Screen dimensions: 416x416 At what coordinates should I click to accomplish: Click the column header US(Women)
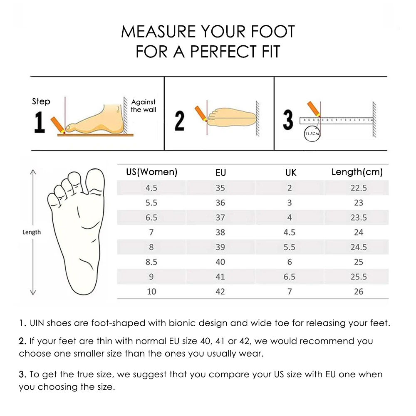click(x=151, y=172)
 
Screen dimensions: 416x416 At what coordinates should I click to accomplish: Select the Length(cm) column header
click(x=357, y=172)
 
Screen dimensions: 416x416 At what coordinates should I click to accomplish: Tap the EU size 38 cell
click(x=220, y=232)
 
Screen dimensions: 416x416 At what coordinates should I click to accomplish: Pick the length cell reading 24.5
click(x=358, y=247)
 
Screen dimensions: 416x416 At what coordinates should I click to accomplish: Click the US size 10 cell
click(x=151, y=292)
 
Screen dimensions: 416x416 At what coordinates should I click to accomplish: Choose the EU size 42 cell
click(x=220, y=292)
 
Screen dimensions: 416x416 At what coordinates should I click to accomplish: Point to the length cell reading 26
click(x=358, y=292)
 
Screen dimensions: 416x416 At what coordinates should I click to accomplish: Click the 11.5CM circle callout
click(x=312, y=134)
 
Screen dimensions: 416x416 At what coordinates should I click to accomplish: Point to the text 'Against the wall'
click(x=143, y=106)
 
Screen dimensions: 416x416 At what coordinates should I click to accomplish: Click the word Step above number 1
click(x=41, y=102)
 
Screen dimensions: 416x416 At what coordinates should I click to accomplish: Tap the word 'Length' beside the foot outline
click(x=32, y=232)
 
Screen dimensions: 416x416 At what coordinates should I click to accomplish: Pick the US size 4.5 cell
click(x=151, y=188)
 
